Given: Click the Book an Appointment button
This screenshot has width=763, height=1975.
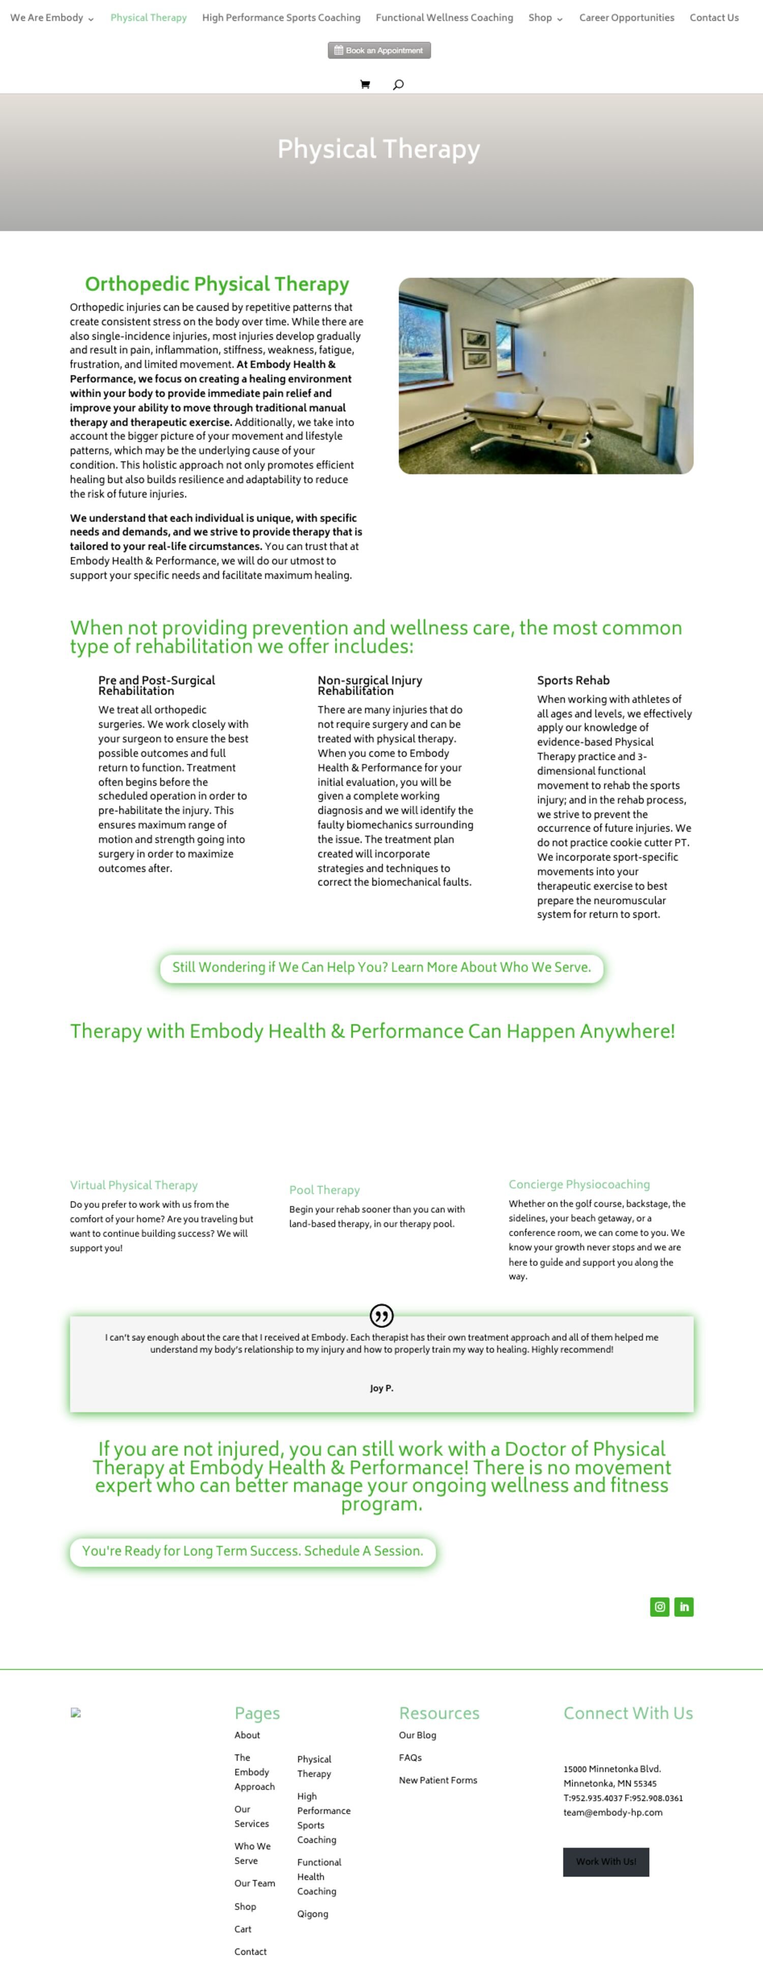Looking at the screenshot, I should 379,51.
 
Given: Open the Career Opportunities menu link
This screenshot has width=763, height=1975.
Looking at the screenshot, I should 627,18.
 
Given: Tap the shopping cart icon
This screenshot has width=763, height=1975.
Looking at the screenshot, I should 365,84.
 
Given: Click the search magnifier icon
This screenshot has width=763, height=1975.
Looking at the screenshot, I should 398,84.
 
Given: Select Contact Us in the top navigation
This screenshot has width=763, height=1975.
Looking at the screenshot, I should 714,18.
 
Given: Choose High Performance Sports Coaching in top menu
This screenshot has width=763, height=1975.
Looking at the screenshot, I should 281,18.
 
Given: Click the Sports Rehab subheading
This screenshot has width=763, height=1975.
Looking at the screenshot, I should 573,680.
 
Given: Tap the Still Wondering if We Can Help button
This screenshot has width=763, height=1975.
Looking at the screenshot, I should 381,967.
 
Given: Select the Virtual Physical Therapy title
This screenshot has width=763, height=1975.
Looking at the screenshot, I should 133,1186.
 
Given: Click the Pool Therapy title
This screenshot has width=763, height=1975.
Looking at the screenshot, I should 325,1190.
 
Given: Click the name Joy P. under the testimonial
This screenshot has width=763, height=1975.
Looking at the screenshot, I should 381,1388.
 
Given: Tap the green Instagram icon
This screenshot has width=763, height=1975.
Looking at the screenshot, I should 659,1607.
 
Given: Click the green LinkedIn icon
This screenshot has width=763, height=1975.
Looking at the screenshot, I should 684,1607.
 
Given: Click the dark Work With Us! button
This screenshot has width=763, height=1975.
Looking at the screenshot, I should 606,1862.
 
